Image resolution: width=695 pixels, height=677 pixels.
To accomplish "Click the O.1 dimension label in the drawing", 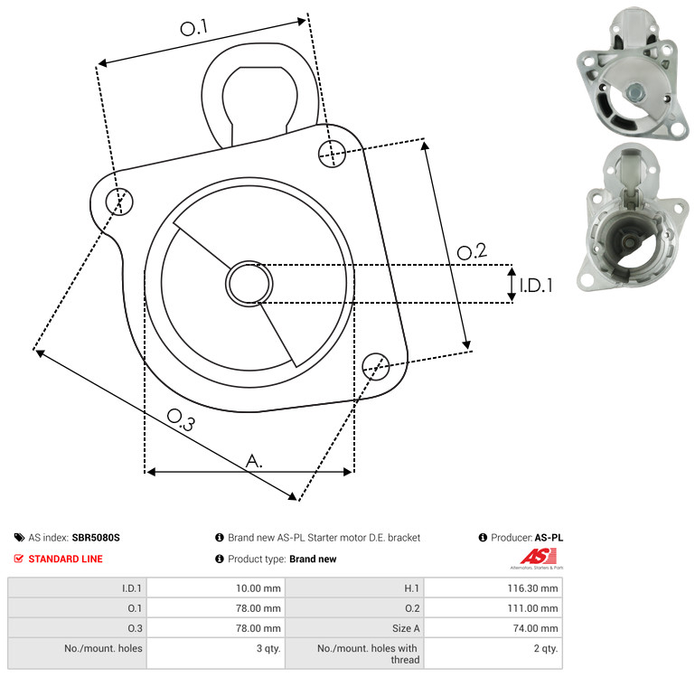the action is click(193, 28).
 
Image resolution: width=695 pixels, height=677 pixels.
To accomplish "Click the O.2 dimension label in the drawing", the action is click(472, 251).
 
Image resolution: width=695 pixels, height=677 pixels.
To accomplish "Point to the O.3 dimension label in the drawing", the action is click(181, 420).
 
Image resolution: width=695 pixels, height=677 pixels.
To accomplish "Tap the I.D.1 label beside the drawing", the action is click(536, 286).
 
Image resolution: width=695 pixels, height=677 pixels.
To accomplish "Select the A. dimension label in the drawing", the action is click(254, 461).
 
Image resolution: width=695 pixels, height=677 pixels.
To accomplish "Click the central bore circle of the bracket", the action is click(249, 283).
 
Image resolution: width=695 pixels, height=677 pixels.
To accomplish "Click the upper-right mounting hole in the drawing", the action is click(332, 154).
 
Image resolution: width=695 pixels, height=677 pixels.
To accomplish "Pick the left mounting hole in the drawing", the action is click(119, 202).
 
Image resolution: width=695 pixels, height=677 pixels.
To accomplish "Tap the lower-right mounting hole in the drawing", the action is click(376, 366).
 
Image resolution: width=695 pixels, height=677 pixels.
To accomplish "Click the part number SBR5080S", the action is click(96, 538).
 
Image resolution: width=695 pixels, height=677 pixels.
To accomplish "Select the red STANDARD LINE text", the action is click(66, 559).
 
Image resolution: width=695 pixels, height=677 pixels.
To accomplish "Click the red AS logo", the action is click(538, 557).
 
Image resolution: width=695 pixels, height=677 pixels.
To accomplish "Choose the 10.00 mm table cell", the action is click(216, 588).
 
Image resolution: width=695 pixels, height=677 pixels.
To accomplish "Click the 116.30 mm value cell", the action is click(493, 588).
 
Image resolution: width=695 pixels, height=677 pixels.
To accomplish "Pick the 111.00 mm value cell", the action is click(493, 608).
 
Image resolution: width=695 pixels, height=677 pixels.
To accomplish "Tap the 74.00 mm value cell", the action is click(493, 628).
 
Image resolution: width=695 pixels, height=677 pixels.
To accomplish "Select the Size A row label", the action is click(406, 628).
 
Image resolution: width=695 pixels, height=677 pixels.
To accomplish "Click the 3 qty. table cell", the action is click(216, 653).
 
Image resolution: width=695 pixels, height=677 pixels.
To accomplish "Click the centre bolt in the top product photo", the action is click(634, 92).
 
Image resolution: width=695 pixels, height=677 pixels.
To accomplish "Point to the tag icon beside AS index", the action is click(19, 538).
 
